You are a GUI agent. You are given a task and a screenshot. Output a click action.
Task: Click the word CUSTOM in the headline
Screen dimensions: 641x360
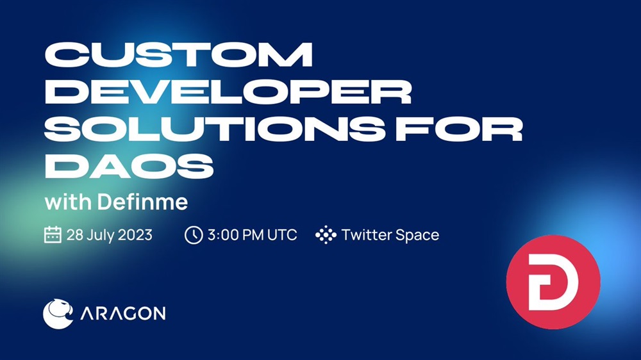click(x=179, y=54)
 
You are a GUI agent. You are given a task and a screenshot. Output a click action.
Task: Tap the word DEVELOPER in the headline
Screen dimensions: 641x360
click(x=228, y=92)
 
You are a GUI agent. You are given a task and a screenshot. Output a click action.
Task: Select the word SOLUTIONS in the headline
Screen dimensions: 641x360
click(x=214, y=129)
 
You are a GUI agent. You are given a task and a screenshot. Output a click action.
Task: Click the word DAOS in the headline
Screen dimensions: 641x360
click(x=129, y=167)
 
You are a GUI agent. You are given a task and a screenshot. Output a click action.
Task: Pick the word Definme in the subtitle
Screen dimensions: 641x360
click(x=143, y=201)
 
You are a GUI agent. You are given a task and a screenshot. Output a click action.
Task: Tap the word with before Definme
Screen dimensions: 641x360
click(x=68, y=202)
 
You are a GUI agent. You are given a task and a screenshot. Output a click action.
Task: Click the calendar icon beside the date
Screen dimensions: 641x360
click(x=53, y=234)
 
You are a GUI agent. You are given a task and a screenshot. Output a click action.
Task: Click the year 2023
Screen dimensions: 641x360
click(x=136, y=235)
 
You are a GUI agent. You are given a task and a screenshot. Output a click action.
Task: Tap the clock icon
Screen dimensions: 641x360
click(x=194, y=235)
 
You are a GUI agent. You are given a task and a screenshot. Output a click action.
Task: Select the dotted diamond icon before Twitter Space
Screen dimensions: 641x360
click(x=326, y=234)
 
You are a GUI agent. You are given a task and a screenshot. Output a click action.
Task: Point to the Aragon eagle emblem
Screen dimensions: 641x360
click(x=58, y=313)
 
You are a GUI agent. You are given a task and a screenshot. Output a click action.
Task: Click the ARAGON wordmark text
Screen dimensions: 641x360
click(x=123, y=313)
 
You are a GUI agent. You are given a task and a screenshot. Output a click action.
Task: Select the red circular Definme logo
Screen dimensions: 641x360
click(x=553, y=282)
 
